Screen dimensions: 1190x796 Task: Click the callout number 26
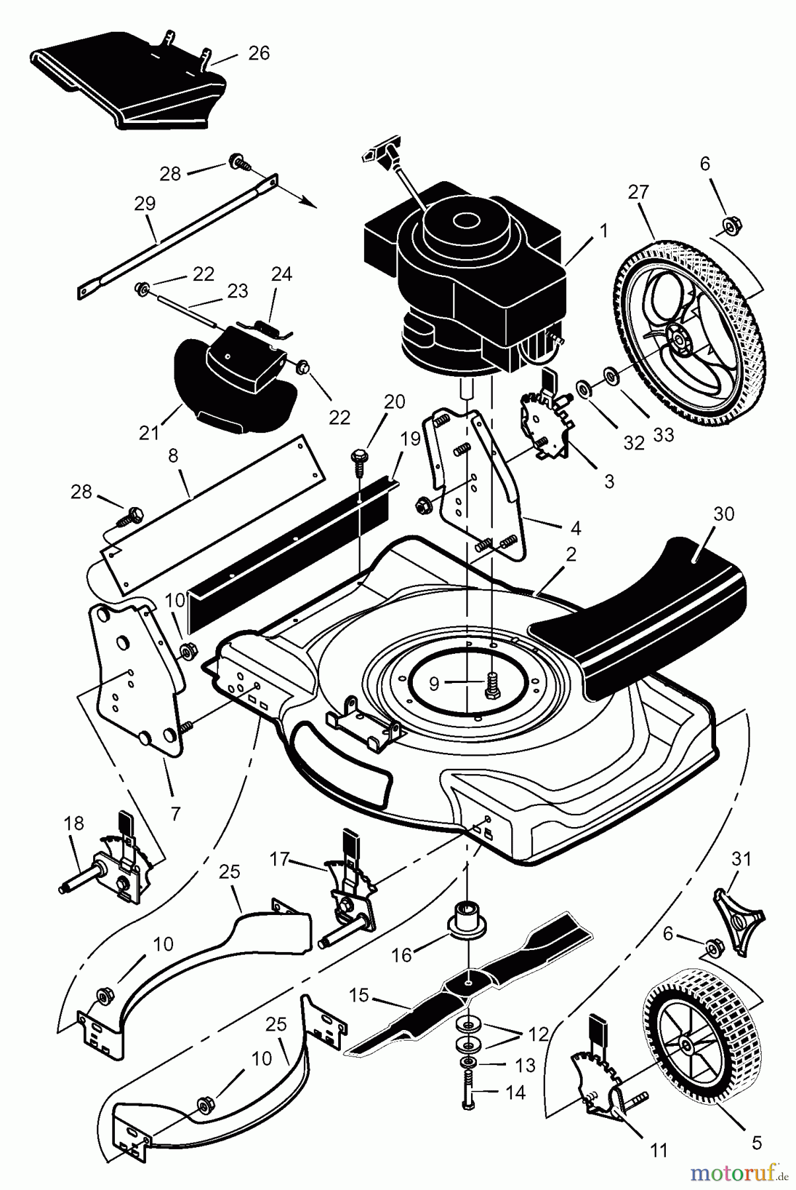[x=259, y=53]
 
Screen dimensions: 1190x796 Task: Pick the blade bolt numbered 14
[x=468, y=1091]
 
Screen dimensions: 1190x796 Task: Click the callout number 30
[x=724, y=514]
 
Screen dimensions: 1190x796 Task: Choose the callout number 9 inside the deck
[x=434, y=683]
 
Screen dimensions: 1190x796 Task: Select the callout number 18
[x=74, y=823]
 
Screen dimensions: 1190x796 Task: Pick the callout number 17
[x=281, y=859]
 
